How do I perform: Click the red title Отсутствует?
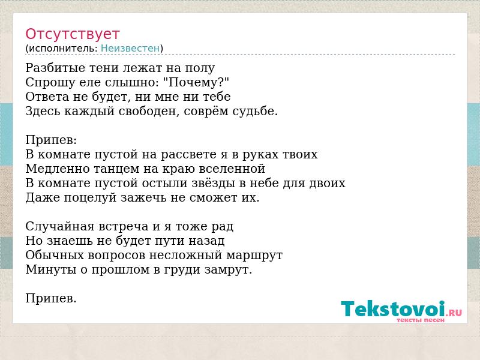pyautogui.click(x=72, y=34)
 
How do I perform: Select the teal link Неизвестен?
pyautogui.click(x=130, y=49)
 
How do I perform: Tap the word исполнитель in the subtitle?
pyautogui.click(x=63, y=49)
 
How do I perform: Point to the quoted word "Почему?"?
pyautogui.click(x=196, y=82)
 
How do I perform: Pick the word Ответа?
pyautogui.click(x=47, y=97)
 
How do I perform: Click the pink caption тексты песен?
pyautogui.click(x=421, y=320)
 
